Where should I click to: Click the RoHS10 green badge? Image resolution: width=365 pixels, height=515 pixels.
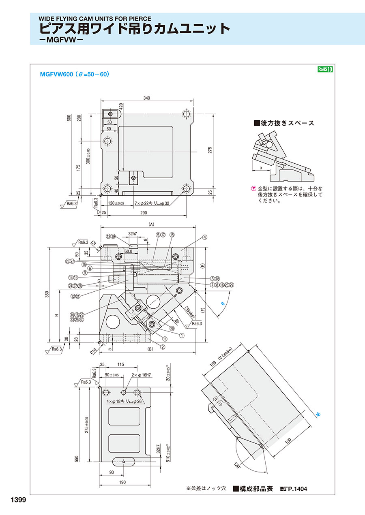pyautogui.click(x=325, y=69)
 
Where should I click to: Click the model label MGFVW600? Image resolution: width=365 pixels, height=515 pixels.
pyautogui.click(x=56, y=75)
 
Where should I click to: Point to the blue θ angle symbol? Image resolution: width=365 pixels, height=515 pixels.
pyautogui.click(x=222, y=303)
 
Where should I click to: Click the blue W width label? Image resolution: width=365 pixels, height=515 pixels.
pyautogui.click(x=318, y=415)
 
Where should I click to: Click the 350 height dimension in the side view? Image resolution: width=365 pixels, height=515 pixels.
pyautogui.click(x=47, y=294)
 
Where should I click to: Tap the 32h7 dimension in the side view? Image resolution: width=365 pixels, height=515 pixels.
pyautogui.click(x=133, y=234)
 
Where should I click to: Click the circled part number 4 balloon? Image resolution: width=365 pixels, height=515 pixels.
pyautogui.click(x=205, y=237)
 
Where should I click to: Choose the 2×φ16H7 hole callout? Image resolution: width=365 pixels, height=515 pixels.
pyautogui.click(x=141, y=376)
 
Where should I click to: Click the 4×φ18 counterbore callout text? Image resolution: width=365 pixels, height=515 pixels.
pyautogui.click(x=124, y=402)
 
